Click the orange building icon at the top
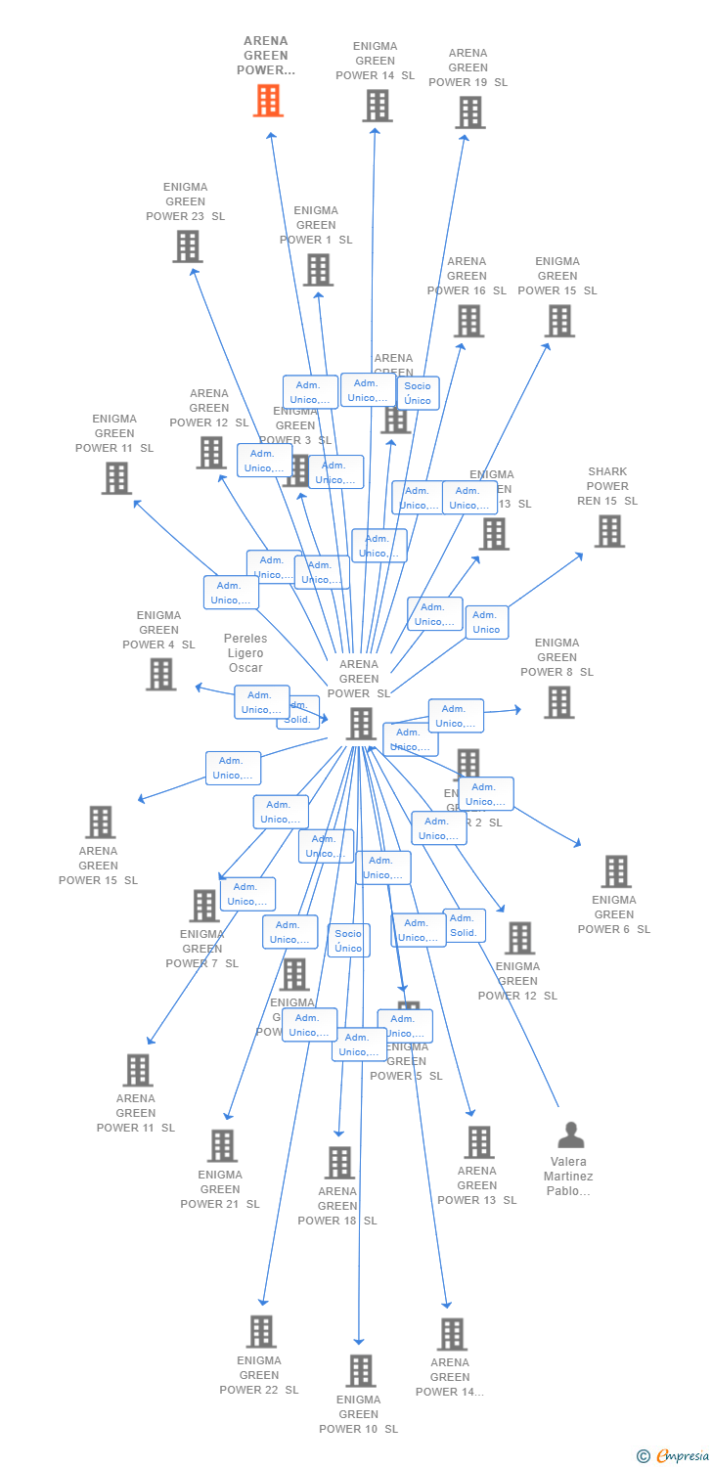[268, 101]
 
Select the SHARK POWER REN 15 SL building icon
[609, 531]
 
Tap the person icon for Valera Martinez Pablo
[570, 1135]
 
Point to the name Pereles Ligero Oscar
[245, 653]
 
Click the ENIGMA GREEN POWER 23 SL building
[187, 246]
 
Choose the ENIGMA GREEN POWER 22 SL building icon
[261, 1331]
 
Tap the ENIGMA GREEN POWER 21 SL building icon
[222, 1145]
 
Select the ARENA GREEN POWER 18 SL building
[339, 1162]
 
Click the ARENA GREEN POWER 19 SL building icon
[469, 112]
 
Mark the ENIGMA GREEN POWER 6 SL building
[615, 870]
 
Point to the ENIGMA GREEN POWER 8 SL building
[558, 701]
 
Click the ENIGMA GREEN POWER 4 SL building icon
[161, 674]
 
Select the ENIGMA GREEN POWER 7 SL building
[203, 906]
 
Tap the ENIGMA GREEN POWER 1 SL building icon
[318, 270]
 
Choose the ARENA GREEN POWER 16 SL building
[468, 321]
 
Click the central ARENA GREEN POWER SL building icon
[360, 724]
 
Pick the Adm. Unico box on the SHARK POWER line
[486, 622]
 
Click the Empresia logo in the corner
[673, 1456]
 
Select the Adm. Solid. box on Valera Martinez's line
[464, 925]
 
